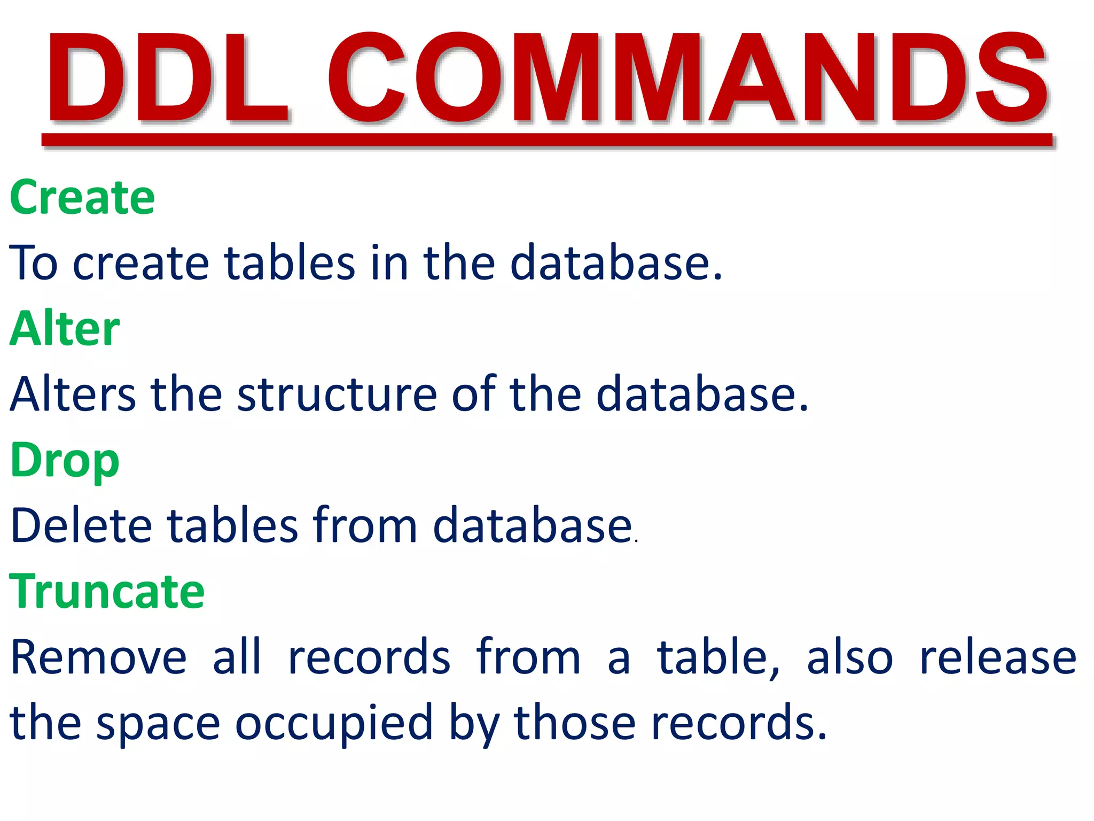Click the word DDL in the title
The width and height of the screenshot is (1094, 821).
click(x=167, y=79)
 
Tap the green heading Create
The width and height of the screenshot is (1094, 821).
click(x=82, y=198)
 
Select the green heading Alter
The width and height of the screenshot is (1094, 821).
click(x=65, y=329)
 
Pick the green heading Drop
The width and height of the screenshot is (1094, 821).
click(x=65, y=461)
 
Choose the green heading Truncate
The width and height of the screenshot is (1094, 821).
click(x=107, y=591)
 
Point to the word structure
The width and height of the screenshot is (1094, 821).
click(x=337, y=394)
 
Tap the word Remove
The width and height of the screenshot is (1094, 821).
click(x=99, y=657)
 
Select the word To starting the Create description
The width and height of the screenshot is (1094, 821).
click(x=33, y=263)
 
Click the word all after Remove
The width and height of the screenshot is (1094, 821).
click(x=237, y=657)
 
